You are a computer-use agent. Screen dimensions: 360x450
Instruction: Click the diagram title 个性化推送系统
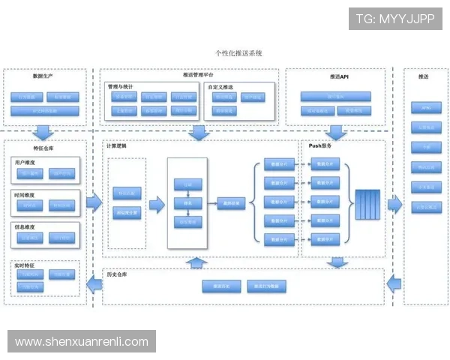click(238, 54)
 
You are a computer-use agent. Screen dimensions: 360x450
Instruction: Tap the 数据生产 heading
click(43, 76)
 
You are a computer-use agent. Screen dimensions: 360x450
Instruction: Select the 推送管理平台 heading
click(198, 75)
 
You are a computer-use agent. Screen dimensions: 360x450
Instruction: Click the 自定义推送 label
click(220, 87)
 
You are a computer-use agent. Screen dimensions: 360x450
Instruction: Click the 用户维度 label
click(25, 162)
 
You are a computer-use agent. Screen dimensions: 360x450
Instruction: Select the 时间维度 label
click(25, 194)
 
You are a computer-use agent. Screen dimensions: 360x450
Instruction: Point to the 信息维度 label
click(25, 226)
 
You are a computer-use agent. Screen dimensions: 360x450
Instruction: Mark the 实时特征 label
click(24, 265)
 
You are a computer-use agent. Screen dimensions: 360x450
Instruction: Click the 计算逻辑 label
click(116, 147)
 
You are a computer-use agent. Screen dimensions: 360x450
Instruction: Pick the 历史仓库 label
click(115, 275)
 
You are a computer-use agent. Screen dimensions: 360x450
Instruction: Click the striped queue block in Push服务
click(367, 202)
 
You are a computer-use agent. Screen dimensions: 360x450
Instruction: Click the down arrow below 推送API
click(335, 133)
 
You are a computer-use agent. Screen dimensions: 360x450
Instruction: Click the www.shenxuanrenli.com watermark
click(81, 341)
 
